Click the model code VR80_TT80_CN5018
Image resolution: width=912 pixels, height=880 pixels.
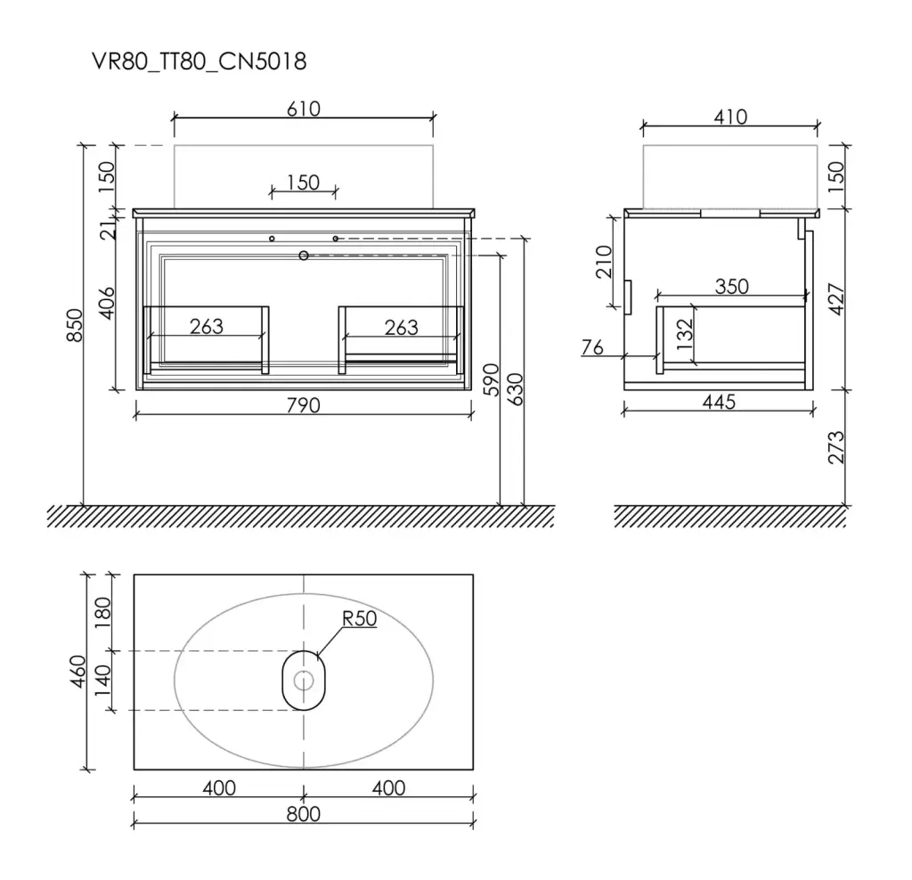tap(199, 61)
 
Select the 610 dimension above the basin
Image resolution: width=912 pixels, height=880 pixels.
tap(304, 109)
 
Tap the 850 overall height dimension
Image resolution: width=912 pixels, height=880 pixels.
tap(75, 326)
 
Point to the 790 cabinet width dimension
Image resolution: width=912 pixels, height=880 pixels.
tap(304, 404)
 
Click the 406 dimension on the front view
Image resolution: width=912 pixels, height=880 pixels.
tap(107, 303)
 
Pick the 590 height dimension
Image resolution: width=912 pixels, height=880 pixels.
tap(492, 379)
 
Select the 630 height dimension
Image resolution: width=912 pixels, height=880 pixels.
tap(516, 389)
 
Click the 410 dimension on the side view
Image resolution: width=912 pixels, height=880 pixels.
tap(730, 117)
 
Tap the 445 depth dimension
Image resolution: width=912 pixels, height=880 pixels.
tap(719, 402)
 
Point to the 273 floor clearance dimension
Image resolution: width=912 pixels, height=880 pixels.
tap(835, 447)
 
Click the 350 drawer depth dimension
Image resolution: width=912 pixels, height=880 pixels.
tap(732, 286)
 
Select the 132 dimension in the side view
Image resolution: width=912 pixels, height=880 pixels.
tap(685, 334)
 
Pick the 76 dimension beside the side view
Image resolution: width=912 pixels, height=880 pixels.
tap(592, 347)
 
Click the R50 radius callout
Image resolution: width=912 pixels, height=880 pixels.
tap(360, 618)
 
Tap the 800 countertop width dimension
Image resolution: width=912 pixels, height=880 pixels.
tap(304, 814)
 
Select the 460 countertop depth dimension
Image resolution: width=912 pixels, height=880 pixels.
tap(78, 672)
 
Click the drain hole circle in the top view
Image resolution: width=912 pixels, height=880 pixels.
tap(304, 680)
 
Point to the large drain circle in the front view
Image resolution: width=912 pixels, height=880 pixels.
tap(304, 256)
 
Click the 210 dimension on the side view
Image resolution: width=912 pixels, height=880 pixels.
tap(605, 262)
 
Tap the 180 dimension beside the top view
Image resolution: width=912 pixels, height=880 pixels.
tap(102, 612)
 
